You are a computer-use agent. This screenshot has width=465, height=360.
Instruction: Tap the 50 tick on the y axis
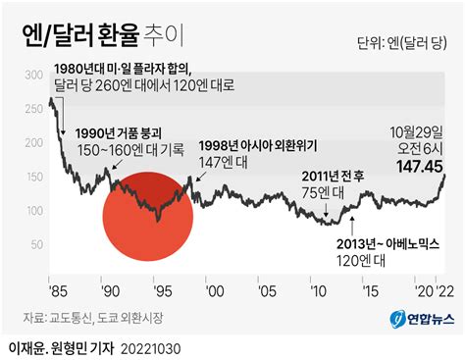34,244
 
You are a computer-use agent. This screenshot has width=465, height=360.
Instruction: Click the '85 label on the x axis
57,292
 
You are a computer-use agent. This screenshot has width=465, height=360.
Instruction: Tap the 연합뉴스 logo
418,319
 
